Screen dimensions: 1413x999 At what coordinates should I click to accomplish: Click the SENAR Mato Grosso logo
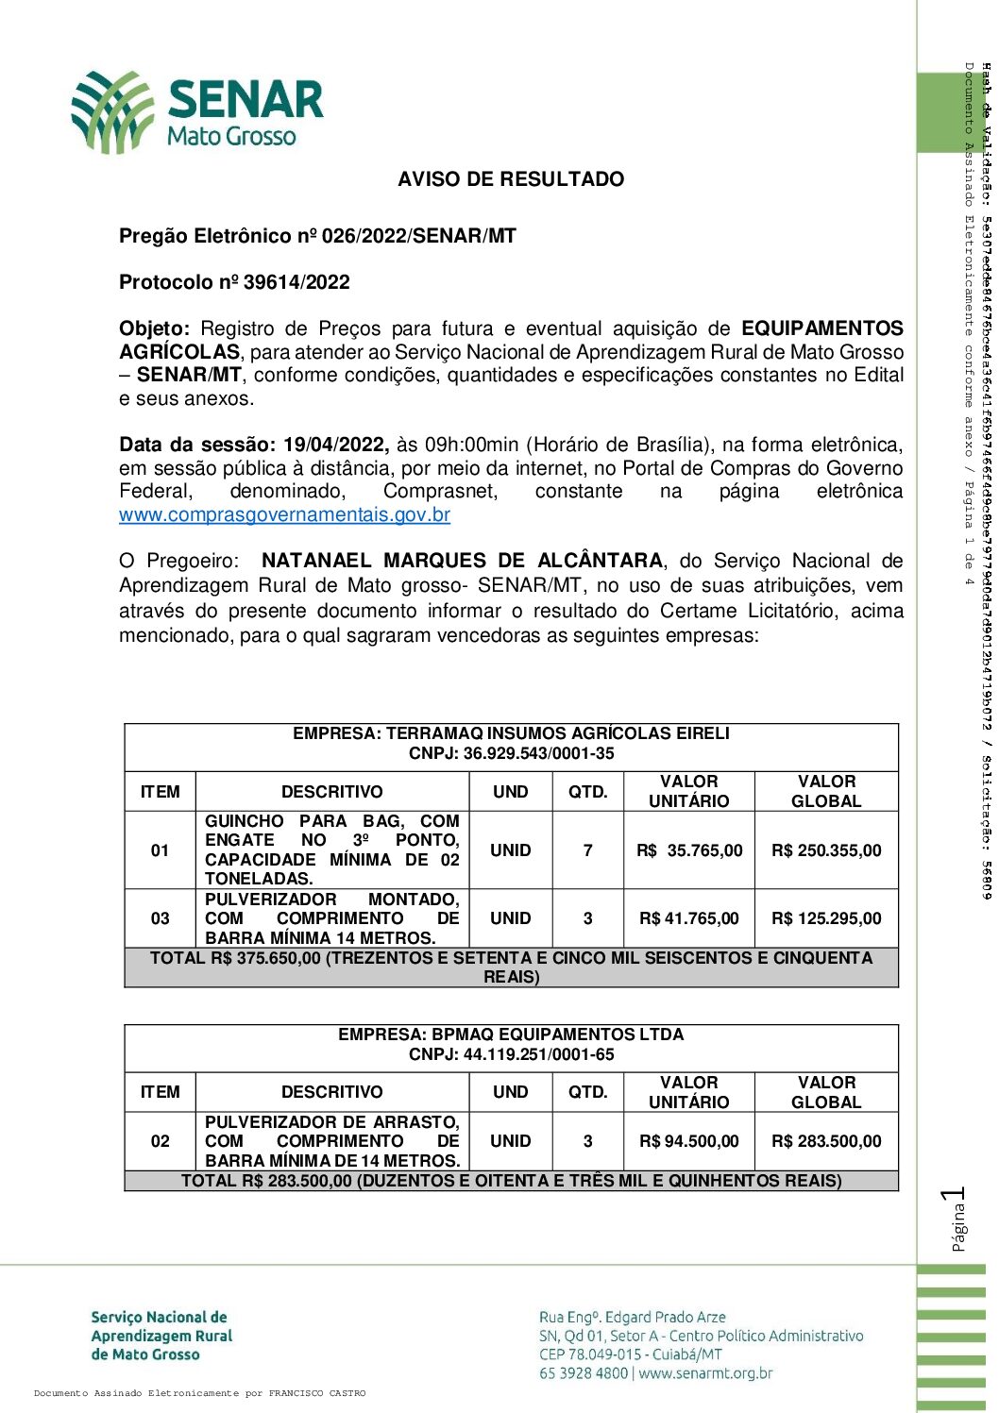pyautogui.click(x=197, y=111)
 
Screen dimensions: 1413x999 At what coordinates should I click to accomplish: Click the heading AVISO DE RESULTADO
pyautogui.click(x=511, y=179)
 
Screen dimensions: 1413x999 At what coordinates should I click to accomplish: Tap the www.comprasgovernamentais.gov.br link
pyautogui.click(x=284, y=515)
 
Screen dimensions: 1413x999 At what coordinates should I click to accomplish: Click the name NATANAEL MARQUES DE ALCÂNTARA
pyautogui.click(x=462, y=561)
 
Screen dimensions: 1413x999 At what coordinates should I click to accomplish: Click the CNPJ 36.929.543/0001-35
pyautogui.click(x=511, y=754)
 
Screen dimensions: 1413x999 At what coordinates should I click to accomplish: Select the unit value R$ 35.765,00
pyautogui.click(x=689, y=850)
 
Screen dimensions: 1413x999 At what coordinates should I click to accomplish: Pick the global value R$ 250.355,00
pyautogui.click(x=826, y=850)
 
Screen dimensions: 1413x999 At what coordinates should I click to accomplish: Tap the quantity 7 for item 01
pyautogui.click(x=587, y=850)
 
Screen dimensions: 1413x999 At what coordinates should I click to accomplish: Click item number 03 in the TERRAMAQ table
pyautogui.click(x=161, y=918)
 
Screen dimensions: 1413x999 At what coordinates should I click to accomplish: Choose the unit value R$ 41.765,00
pyautogui.click(x=689, y=918)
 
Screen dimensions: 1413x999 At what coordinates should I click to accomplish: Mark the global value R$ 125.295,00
pyautogui.click(x=826, y=918)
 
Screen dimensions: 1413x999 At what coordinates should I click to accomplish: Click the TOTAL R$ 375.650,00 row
pyautogui.click(x=511, y=967)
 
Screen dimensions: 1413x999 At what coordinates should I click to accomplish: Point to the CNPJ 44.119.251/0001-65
pyautogui.click(x=511, y=1054)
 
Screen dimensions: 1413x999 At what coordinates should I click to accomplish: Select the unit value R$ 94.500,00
pyautogui.click(x=689, y=1141)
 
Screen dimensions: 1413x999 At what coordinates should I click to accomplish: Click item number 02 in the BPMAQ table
pyautogui.click(x=161, y=1141)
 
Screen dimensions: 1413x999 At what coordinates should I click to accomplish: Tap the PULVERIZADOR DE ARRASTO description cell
pyautogui.click(x=332, y=1141)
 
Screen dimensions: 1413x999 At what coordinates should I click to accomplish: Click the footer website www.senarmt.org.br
pyautogui.click(x=705, y=1373)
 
